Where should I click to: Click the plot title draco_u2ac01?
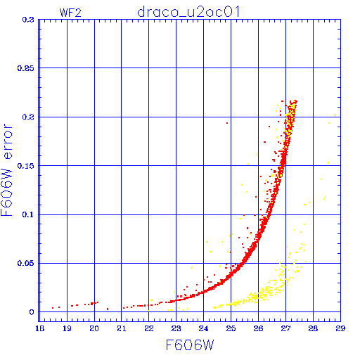[188, 12]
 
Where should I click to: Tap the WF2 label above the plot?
[70, 13]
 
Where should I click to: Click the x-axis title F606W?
[190, 345]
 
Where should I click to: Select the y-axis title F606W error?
[6, 170]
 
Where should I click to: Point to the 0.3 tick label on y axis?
[28, 20]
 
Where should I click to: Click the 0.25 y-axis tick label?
[26, 68]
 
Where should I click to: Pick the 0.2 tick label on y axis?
[28, 117]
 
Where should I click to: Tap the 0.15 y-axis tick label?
[26, 166]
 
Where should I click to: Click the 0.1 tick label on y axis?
[28, 214]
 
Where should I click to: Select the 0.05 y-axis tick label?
[26, 263]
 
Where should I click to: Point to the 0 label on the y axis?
[32, 312]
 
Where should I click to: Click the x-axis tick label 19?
[67, 328]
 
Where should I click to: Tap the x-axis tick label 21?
[122, 328]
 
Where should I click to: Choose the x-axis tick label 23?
[176, 328]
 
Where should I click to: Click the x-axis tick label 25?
[231, 328]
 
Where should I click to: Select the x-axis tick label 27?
[285, 328]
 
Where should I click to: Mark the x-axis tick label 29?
[340, 328]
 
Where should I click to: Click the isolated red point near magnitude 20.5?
[108, 309]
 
